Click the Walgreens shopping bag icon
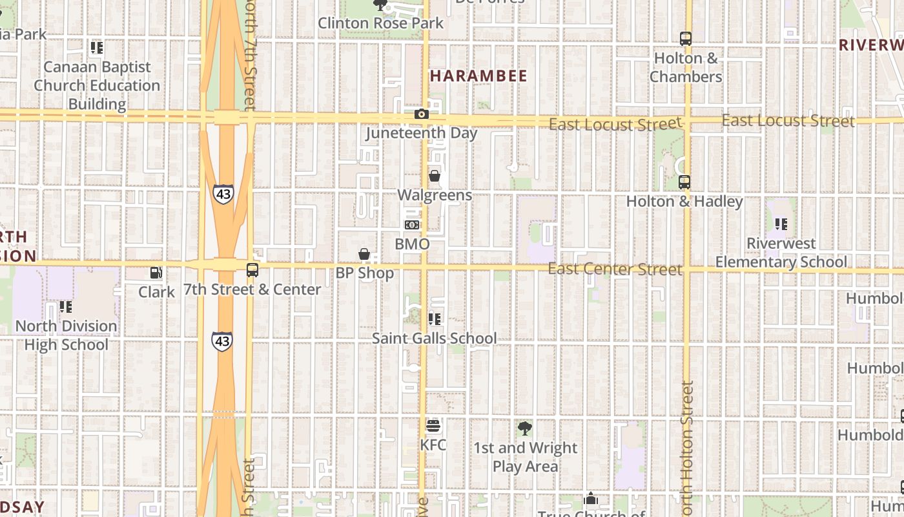pyautogui.click(x=435, y=176)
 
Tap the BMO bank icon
pyautogui.click(x=412, y=225)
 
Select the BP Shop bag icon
pyautogui.click(x=364, y=254)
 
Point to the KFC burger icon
pyautogui.click(x=433, y=426)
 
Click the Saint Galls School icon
pyautogui.click(x=435, y=319)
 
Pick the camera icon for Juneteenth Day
pyautogui.click(x=422, y=114)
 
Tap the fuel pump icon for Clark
pyautogui.click(x=156, y=273)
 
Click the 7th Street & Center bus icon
pyautogui.click(x=252, y=270)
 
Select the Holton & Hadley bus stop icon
pyautogui.click(x=684, y=182)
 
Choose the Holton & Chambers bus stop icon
pyautogui.click(x=685, y=39)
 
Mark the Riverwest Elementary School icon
pyautogui.click(x=781, y=224)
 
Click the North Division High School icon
pyautogui.click(x=65, y=306)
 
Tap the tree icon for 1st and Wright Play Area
pyautogui.click(x=525, y=428)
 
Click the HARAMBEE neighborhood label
pyautogui.click(x=478, y=76)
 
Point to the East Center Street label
pyautogui.click(x=615, y=269)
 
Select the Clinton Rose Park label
pyautogui.click(x=381, y=23)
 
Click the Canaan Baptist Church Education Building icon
pyautogui.click(x=97, y=48)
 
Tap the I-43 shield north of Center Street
pyautogui.click(x=223, y=194)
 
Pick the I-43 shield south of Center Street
pyautogui.click(x=221, y=341)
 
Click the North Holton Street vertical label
pyautogui.click(x=686, y=446)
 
